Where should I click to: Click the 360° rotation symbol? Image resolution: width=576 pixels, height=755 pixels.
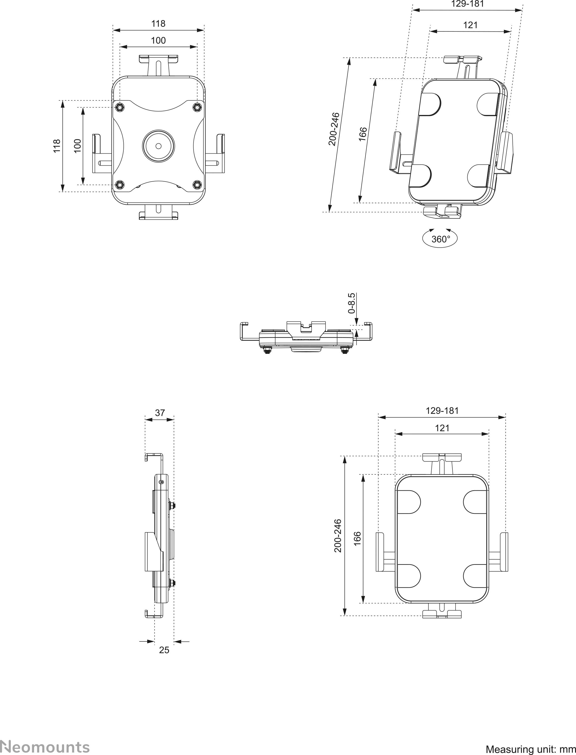pyautogui.click(x=440, y=238)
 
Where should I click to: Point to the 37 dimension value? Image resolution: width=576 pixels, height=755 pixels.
pyautogui.click(x=160, y=413)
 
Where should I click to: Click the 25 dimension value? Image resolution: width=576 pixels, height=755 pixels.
pyautogui.click(x=164, y=650)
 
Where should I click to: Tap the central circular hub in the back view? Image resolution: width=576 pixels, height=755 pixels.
pyautogui.click(x=158, y=146)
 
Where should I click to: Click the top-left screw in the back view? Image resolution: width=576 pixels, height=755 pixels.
pyautogui.click(x=119, y=107)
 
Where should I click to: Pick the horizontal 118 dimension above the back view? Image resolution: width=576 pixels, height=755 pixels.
pyautogui.click(x=158, y=24)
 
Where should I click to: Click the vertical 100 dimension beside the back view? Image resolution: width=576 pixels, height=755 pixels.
pyautogui.click(x=78, y=146)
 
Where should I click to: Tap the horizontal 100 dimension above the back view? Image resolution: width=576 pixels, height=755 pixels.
pyautogui.click(x=158, y=40)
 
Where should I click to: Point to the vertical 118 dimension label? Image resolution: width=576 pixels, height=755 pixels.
pyautogui.click(x=57, y=146)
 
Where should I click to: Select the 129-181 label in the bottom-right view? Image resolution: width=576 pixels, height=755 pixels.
pyautogui.click(x=442, y=411)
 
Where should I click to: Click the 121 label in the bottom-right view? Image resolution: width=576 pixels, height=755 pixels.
pyautogui.click(x=442, y=428)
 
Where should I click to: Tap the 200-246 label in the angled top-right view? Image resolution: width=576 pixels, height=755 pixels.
pyautogui.click(x=334, y=129)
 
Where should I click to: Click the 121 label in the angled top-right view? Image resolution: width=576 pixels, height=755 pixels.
pyautogui.click(x=471, y=25)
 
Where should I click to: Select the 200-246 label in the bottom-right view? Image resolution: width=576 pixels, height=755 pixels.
pyautogui.click(x=338, y=536)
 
